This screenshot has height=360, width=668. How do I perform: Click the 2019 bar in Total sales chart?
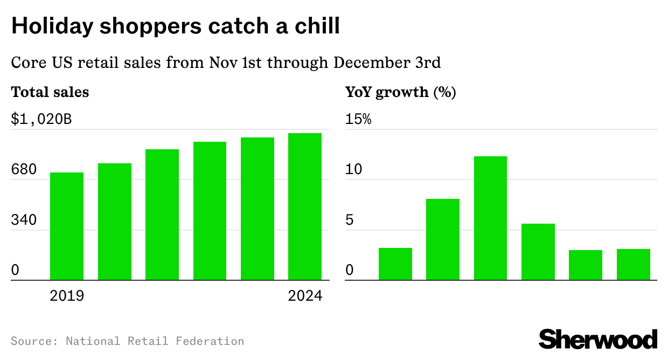pos(67,226)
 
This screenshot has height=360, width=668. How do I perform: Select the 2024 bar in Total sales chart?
pos(305,207)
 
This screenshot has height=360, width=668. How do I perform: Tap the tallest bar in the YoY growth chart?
pos(490,218)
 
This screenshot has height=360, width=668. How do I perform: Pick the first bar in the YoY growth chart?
pos(395,264)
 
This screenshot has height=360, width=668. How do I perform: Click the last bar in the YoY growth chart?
pos(633,265)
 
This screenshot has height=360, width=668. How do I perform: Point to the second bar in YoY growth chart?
pos(443,240)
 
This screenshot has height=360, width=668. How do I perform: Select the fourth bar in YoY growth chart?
pos(538,252)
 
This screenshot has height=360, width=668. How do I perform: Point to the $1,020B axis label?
pos(41,119)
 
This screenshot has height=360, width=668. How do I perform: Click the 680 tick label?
pos(24,170)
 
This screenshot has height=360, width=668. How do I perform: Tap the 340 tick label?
pos(24,220)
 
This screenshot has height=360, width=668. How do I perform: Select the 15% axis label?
pos(358,119)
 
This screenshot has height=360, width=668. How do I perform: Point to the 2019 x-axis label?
pos(67,296)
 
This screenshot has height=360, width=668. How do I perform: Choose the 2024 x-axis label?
pos(305,296)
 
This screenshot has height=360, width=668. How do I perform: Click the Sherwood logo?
pos(598,340)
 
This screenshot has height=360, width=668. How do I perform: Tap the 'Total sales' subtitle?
pos(50,92)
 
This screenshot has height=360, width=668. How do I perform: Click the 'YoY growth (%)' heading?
pos(400,92)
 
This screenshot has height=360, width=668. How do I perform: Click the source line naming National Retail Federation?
pos(127,341)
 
